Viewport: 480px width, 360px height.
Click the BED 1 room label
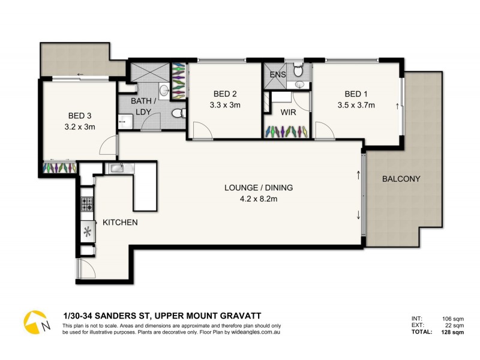pos(353,94)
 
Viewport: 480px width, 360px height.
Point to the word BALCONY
pos(401,179)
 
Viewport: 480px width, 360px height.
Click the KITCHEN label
pos(120,223)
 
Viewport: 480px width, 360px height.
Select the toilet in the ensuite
pos(298,72)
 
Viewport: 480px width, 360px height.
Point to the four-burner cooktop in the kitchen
pos(87,204)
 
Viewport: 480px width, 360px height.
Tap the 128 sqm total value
pos(452,331)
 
